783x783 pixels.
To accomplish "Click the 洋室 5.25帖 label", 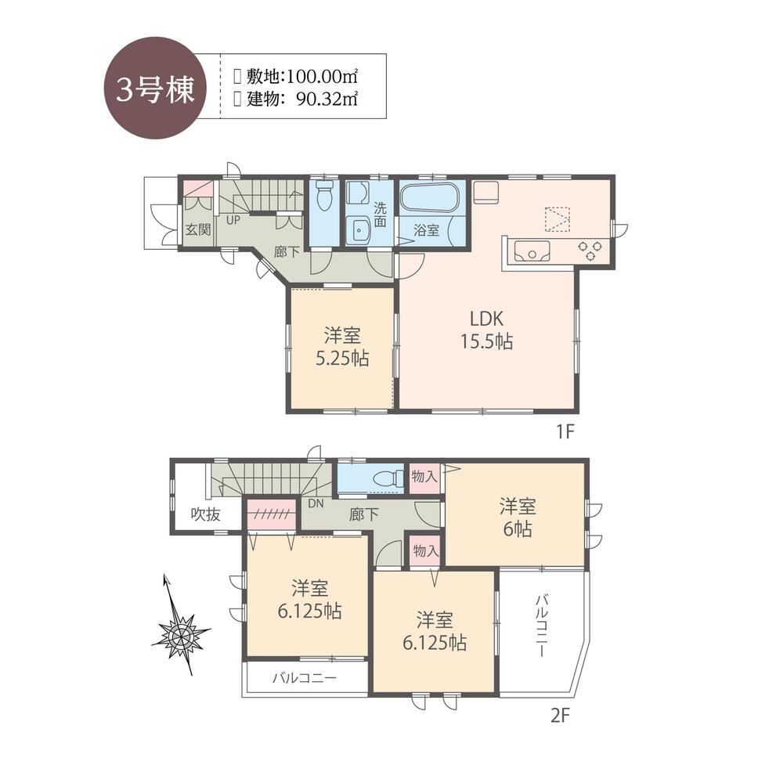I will click(x=342, y=347).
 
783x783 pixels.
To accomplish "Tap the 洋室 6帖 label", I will click(x=516, y=518).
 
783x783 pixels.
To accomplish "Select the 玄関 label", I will click(x=197, y=230).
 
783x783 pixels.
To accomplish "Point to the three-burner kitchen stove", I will click(x=590, y=251).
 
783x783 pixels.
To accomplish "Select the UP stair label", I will click(x=233, y=219).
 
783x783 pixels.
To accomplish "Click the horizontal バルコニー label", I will click(x=305, y=678).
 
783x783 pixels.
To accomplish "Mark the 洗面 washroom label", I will click(x=380, y=215).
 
